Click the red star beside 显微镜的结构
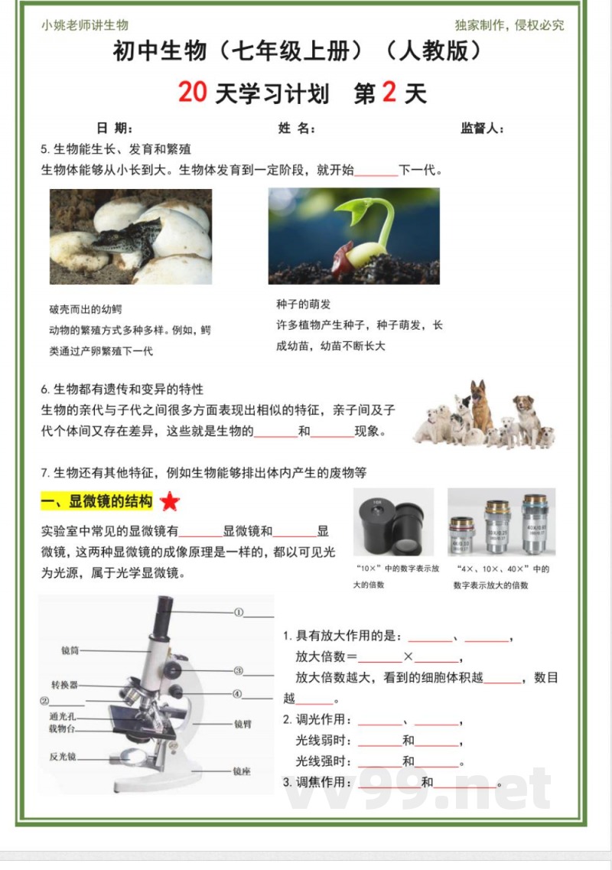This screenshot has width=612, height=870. [170, 502]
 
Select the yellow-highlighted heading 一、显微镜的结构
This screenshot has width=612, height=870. [97, 502]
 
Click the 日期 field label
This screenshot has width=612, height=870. [114, 129]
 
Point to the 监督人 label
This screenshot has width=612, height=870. [481, 129]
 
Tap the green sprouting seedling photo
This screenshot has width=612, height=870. [353, 236]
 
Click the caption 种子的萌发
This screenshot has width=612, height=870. [303, 305]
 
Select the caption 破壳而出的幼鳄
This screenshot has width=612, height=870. [85, 309]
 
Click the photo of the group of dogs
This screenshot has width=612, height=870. [484, 417]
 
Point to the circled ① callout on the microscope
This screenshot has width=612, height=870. [238, 612]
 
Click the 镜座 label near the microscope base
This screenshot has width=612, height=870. [242, 771]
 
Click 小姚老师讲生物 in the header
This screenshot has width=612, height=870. [85, 25]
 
